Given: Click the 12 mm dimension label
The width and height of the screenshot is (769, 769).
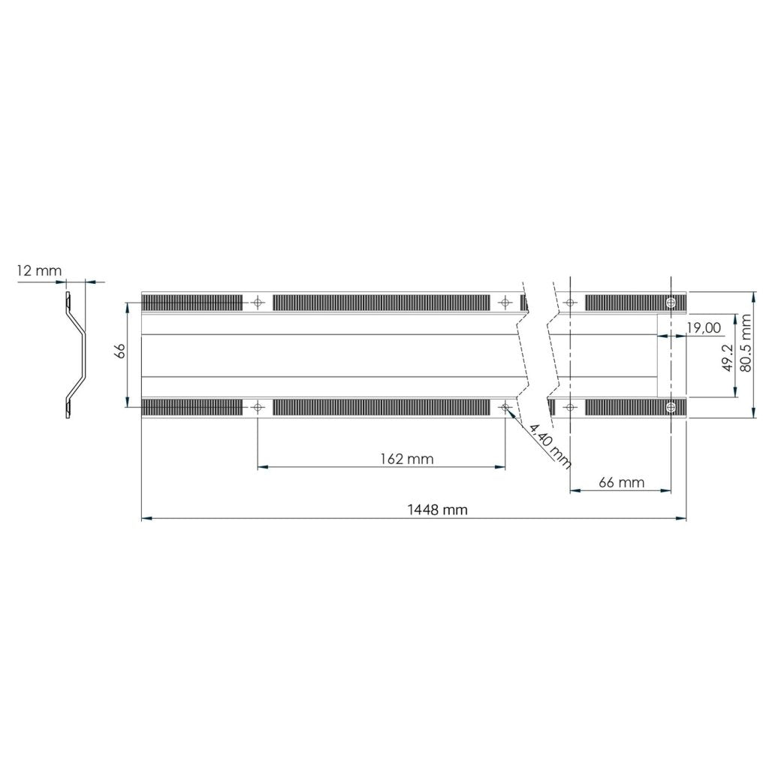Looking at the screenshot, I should (x=39, y=270).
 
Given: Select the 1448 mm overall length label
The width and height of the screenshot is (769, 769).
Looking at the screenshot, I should (x=437, y=509).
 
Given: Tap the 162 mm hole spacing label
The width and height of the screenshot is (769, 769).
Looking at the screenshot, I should (x=406, y=459).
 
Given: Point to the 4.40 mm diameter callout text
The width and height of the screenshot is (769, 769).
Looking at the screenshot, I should (x=550, y=442).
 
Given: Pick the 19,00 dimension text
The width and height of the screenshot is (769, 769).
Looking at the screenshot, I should (x=704, y=327).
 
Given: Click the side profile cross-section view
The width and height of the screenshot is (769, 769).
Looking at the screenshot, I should (x=76, y=355).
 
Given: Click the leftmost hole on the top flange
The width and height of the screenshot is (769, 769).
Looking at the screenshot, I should (x=258, y=302).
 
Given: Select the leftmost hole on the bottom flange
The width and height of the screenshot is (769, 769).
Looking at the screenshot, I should (x=258, y=407).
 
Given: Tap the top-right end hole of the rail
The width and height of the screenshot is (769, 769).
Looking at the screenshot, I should (x=671, y=302).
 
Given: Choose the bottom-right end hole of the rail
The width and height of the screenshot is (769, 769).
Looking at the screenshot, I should (x=671, y=407).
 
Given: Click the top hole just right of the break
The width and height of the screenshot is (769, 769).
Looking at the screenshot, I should (x=570, y=302).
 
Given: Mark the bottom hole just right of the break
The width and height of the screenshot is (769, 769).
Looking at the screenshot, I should (x=570, y=407).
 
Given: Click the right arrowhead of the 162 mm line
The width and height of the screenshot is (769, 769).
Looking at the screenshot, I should (x=501, y=467).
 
